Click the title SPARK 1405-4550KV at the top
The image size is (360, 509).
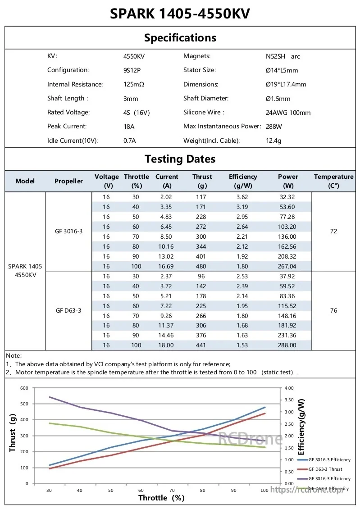point(180,14)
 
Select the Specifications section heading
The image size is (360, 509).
point(180,38)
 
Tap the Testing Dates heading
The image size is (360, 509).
point(180,159)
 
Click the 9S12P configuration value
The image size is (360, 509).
point(132,70)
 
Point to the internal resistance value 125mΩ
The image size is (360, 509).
point(134,84)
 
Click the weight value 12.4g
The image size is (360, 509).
point(273,141)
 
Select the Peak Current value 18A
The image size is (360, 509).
point(129,126)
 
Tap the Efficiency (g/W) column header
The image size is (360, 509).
point(243,181)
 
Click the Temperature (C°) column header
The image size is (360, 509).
point(334,181)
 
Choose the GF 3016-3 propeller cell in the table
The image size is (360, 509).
point(69,231)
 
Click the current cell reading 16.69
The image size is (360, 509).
point(166,266)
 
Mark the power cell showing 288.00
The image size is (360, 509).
point(287,345)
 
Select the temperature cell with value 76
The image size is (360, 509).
point(334,311)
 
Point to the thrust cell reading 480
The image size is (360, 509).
point(201,266)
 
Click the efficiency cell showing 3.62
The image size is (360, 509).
point(242,197)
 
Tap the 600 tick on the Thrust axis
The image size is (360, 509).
point(24,388)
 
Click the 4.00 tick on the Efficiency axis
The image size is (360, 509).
point(289,388)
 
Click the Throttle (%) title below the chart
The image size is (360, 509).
point(161,498)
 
